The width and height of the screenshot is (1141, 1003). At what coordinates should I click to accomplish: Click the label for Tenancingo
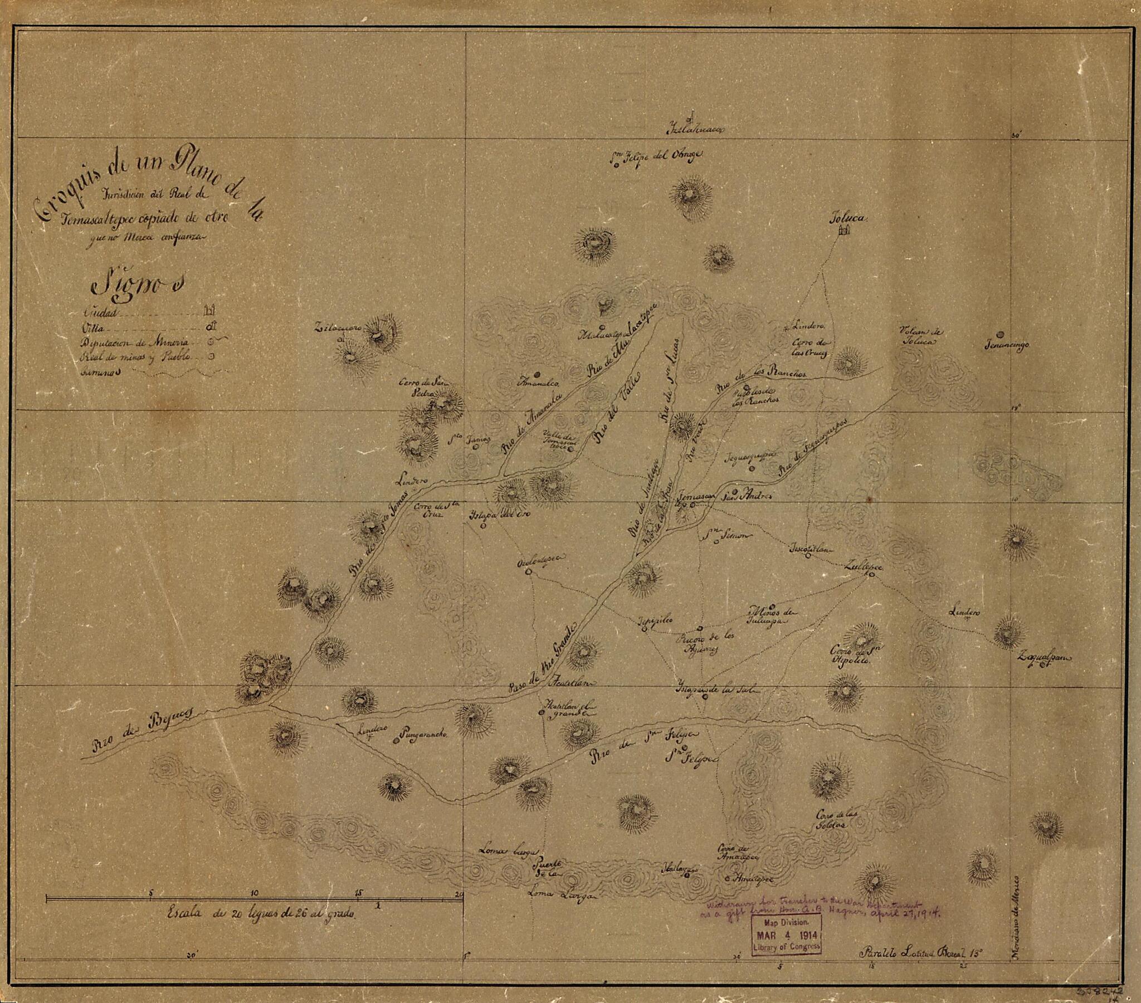pos(1007,345)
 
